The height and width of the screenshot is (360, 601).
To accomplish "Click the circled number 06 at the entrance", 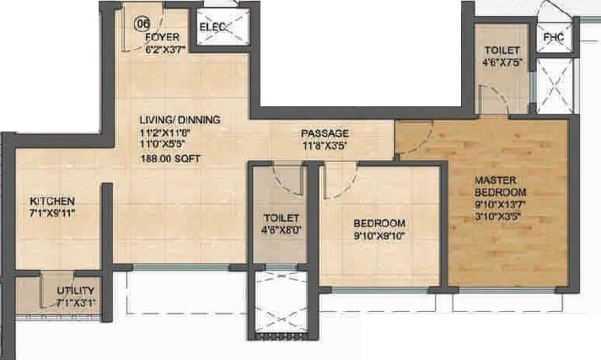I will click(x=142, y=24).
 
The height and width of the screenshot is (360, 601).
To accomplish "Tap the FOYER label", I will click(x=160, y=38).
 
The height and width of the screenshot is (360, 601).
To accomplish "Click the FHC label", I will click(x=554, y=38).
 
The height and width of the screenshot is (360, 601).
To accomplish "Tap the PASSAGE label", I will click(x=325, y=134).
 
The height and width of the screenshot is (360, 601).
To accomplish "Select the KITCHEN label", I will click(x=52, y=201).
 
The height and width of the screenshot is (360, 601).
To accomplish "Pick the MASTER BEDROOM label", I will click(x=500, y=186).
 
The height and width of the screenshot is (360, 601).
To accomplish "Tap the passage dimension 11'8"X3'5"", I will click(x=325, y=146).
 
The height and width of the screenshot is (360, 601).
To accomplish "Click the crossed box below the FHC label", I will click(x=555, y=89).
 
